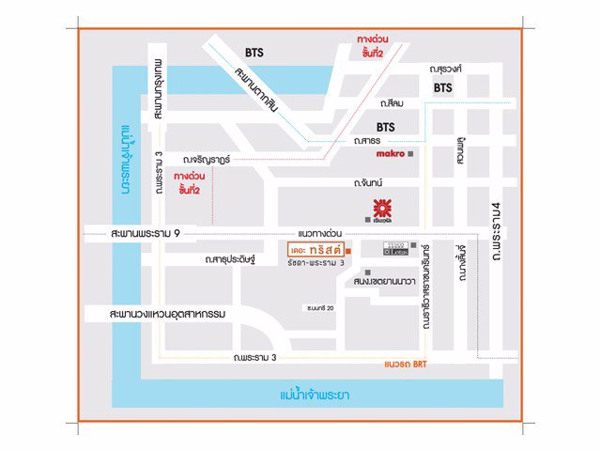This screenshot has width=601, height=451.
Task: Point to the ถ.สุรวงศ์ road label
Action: [x=449, y=69]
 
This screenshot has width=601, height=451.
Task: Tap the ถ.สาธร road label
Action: [x=366, y=140]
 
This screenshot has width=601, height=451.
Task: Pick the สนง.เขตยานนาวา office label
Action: [x=385, y=280]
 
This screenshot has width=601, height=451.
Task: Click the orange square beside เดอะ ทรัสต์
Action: [x=347, y=252]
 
